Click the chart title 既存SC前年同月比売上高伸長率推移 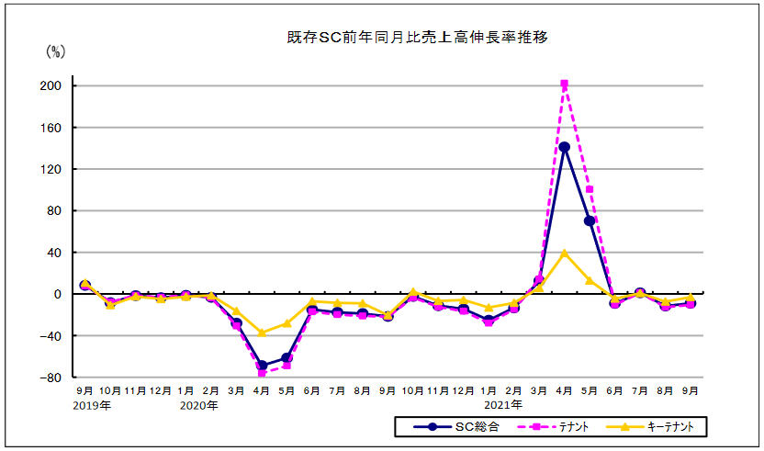coord(418,38)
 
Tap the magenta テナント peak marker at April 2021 coord(564,85)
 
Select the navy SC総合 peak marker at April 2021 coord(564,147)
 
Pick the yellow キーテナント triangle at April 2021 coord(564,253)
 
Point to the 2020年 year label coord(198,405)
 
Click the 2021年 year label coord(503,405)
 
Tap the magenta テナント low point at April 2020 coord(262,373)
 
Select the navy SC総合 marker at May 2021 coord(589,220)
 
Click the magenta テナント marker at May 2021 coord(589,190)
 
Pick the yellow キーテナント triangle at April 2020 coord(262,333)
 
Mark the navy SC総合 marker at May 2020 coord(286,358)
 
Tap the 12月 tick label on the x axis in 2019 coord(161,390)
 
